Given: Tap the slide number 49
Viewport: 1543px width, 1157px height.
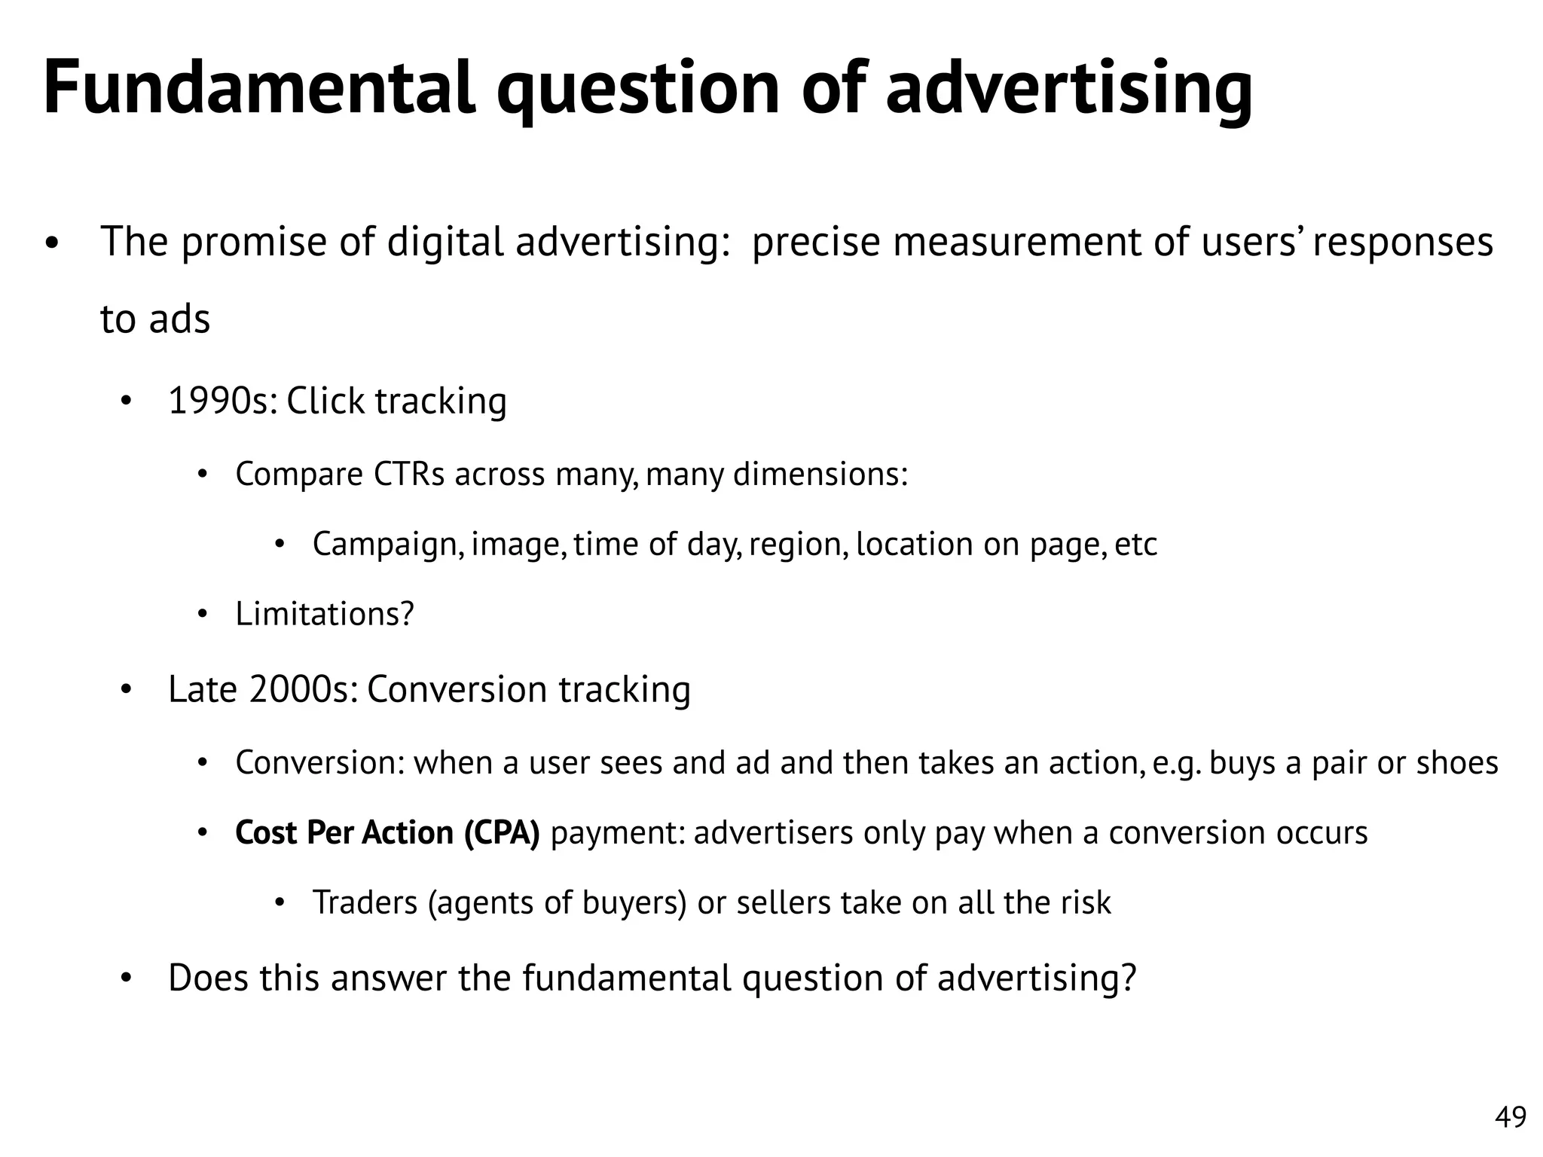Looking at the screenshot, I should (x=1510, y=1117).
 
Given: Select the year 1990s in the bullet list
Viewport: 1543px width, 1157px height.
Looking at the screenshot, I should (x=222, y=401).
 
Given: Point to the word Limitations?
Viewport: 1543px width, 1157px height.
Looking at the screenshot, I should (x=325, y=614).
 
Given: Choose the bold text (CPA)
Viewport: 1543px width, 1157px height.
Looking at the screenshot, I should (x=502, y=833).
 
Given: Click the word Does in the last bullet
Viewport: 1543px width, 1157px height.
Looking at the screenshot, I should (x=209, y=978).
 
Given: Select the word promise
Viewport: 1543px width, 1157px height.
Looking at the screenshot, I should (x=254, y=243).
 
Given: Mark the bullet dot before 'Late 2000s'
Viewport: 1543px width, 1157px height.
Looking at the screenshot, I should (x=126, y=690).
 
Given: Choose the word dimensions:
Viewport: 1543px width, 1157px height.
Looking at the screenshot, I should (x=820, y=475).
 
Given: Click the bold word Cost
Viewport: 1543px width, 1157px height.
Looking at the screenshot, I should (x=265, y=833).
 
